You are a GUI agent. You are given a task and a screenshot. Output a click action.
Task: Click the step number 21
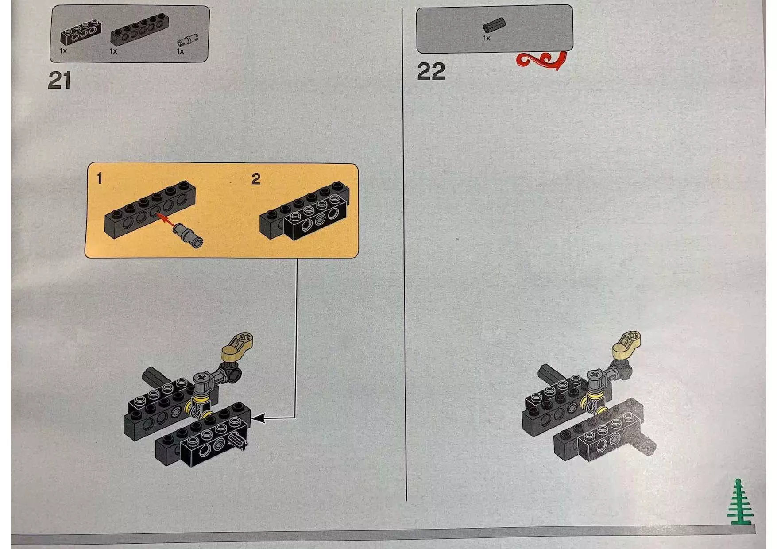(59, 81)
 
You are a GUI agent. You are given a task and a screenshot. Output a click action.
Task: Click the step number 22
(431, 72)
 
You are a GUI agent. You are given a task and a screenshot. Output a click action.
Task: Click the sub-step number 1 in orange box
(100, 178)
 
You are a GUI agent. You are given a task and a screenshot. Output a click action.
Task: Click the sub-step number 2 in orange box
(256, 179)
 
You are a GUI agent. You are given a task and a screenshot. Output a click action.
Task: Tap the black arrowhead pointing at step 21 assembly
(259, 418)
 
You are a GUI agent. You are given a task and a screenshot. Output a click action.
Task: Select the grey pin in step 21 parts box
(188, 40)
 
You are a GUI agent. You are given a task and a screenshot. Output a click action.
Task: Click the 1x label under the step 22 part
(487, 39)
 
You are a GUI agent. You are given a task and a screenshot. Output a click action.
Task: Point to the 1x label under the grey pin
(180, 51)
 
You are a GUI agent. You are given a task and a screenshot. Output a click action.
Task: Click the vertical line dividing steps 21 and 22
(404, 255)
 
